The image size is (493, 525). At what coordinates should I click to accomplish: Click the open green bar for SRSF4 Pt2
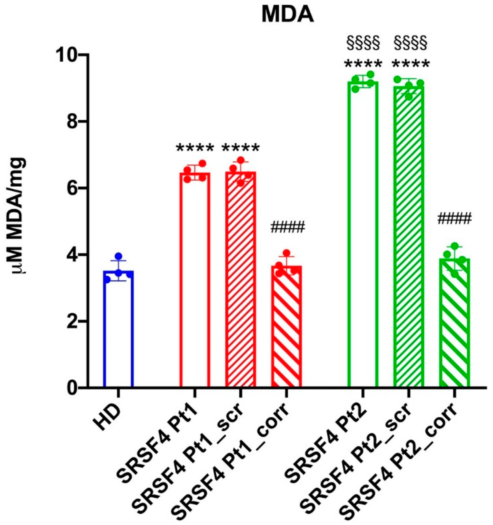[363, 238]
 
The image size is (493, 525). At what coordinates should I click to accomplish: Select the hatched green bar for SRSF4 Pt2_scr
[409, 238]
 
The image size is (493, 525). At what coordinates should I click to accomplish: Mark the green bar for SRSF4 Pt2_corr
[455, 330]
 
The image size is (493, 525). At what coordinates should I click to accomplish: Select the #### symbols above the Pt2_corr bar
[454, 218]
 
